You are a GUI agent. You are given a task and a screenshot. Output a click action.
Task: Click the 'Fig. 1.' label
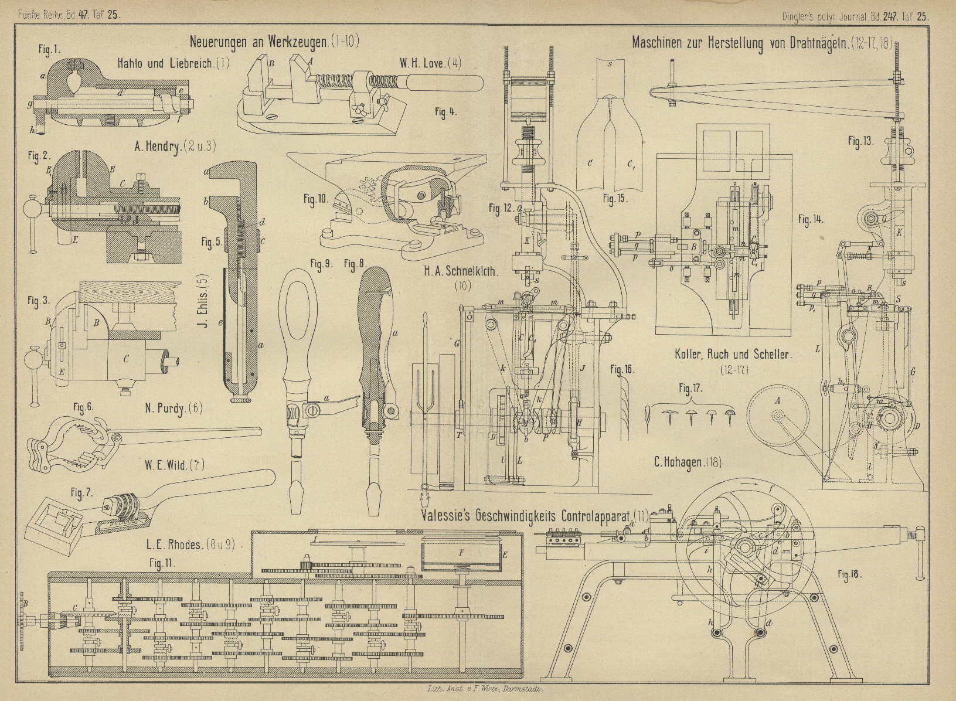[49, 50]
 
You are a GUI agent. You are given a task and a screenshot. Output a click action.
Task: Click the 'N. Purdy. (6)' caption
[173, 408]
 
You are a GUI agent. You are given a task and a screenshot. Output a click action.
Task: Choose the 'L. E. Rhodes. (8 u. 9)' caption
[190, 544]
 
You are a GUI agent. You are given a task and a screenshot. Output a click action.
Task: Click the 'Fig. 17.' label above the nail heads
[690, 388]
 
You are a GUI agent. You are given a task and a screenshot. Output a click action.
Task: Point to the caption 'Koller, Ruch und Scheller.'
[733, 354]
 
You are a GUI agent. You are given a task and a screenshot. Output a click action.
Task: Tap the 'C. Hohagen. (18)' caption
[688, 462]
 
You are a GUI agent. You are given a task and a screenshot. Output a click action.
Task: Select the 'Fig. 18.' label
[850, 575]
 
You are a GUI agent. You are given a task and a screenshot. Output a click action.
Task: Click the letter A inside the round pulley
[777, 400]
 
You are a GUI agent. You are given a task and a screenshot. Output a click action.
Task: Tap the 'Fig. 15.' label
[615, 199]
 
